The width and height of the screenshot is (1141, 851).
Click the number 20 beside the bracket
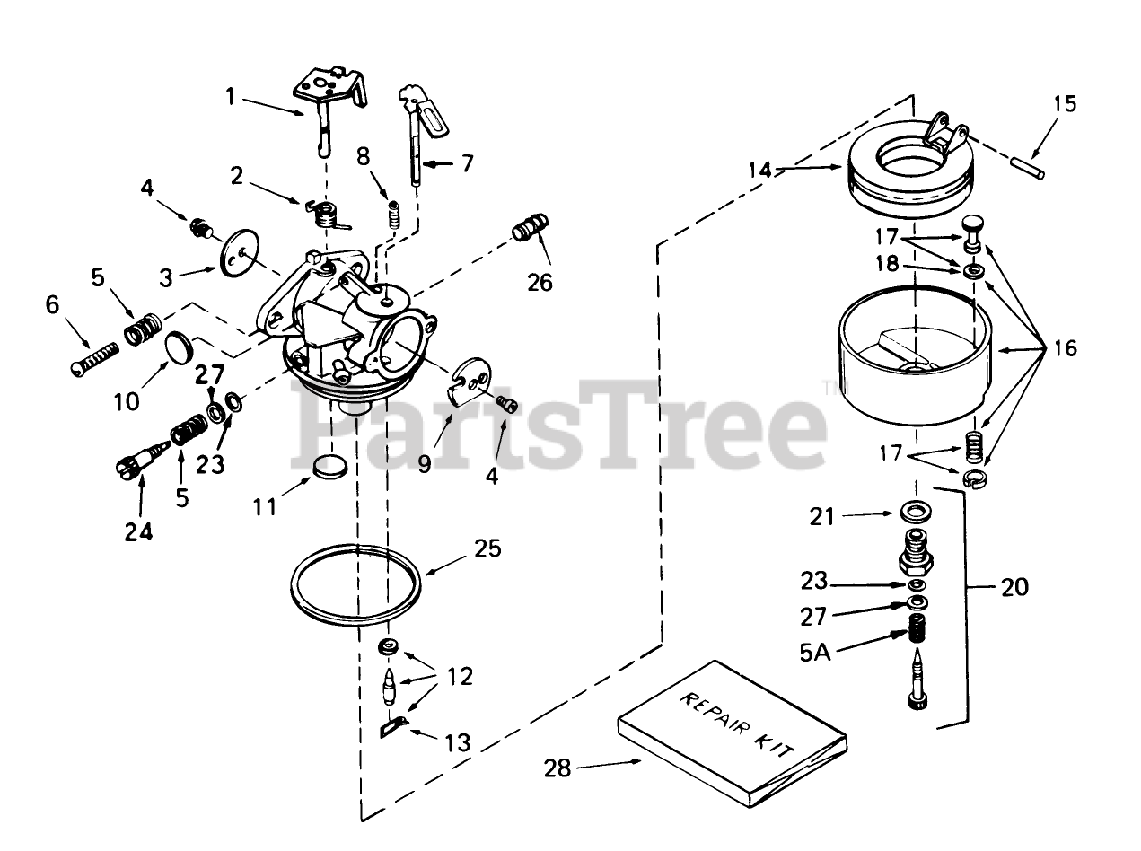(x=1014, y=588)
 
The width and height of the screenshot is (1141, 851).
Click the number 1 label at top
(x=231, y=95)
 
